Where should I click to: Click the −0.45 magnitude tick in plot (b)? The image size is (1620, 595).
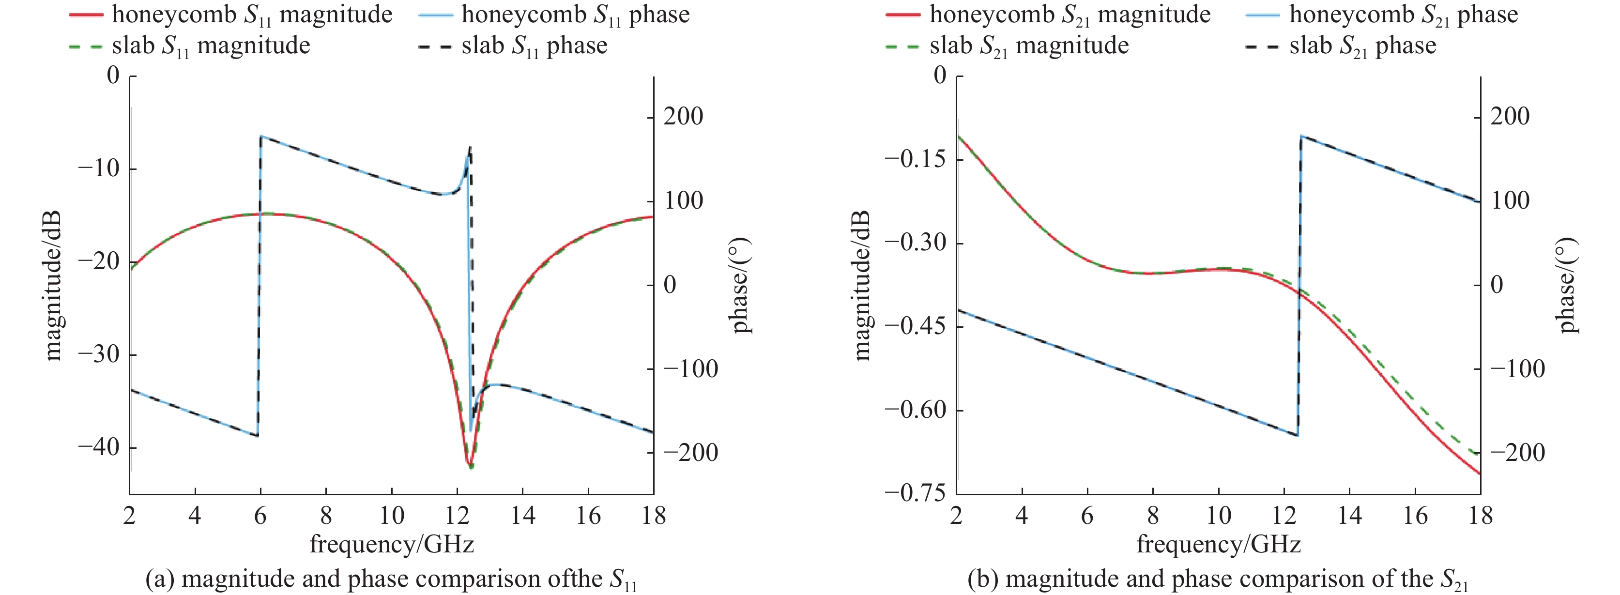pyautogui.click(x=915, y=326)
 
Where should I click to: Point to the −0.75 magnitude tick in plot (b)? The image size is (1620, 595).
pyautogui.click(x=915, y=494)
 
